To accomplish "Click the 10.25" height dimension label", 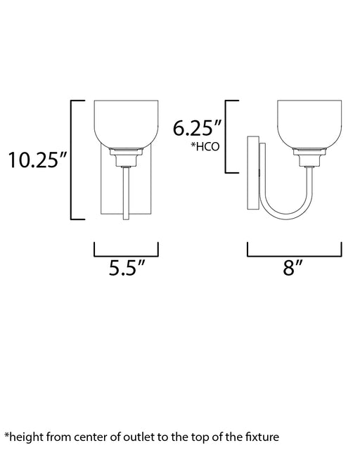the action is click(37, 160).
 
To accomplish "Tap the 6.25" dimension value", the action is click(197, 128).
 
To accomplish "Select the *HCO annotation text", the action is click(205, 146).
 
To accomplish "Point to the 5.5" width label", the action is click(127, 268).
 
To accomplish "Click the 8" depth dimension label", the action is click(292, 268).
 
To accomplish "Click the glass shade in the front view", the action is click(127, 124).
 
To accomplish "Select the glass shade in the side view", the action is click(309, 124).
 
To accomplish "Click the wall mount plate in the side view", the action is click(253, 173).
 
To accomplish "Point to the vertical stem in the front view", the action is click(126, 193).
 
